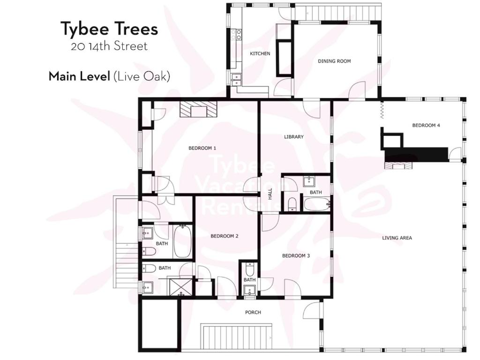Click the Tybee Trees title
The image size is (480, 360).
[x=109, y=29]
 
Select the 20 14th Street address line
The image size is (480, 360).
[x=109, y=46]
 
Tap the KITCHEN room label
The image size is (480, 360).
[x=260, y=53]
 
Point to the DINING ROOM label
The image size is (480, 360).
[x=334, y=61]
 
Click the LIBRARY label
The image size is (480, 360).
[x=293, y=137]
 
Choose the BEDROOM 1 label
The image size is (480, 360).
[x=202, y=148]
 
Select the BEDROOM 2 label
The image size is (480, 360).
[x=225, y=236]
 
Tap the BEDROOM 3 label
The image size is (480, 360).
[x=296, y=255]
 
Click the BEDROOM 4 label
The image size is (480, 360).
[x=426, y=125]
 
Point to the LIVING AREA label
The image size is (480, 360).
[x=397, y=238]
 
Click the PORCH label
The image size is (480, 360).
[x=253, y=312]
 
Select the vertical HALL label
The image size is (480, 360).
[x=270, y=194]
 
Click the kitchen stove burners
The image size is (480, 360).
[x=236, y=34]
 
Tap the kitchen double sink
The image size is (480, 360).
[x=236, y=79]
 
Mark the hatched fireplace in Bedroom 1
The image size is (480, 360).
[x=198, y=109]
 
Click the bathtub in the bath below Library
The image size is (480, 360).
[x=316, y=204]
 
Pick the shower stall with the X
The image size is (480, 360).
[x=180, y=286]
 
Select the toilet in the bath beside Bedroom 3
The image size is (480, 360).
[x=250, y=270]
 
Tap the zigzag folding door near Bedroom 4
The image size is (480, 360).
[x=382, y=110]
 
